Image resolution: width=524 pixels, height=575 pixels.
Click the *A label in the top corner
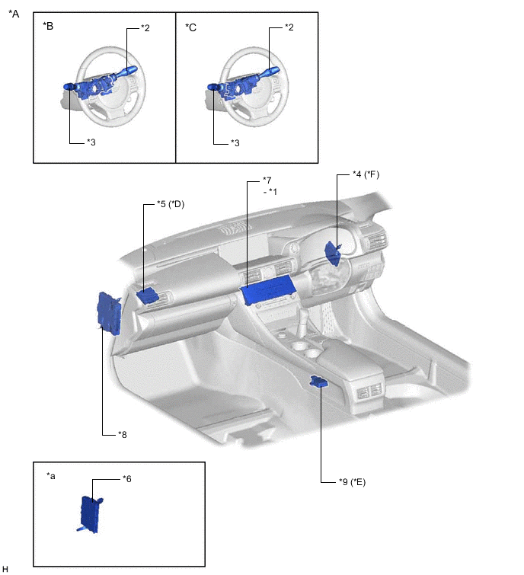pyautogui.click(x=14, y=14)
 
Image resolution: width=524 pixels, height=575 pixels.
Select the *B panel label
pyautogui.click(x=48, y=26)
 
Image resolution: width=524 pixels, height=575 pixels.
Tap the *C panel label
pyautogui.click(x=190, y=27)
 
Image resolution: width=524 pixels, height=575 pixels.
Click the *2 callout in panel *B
pyautogui.click(x=145, y=28)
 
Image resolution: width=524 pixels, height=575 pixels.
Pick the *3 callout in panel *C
pyautogui.click(x=235, y=142)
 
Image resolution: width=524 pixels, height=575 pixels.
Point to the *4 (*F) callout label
pyautogui.click(x=366, y=174)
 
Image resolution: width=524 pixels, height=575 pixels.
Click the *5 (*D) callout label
pyautogui.click(x=171, y=204)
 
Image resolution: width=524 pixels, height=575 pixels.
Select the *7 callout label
pyautogui.click(x=267, y=180)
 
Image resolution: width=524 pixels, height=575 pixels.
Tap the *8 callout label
pyautogui.click(x=123, y=435)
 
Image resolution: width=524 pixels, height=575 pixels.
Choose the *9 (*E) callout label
pyautogui.click(x=353, y=482)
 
